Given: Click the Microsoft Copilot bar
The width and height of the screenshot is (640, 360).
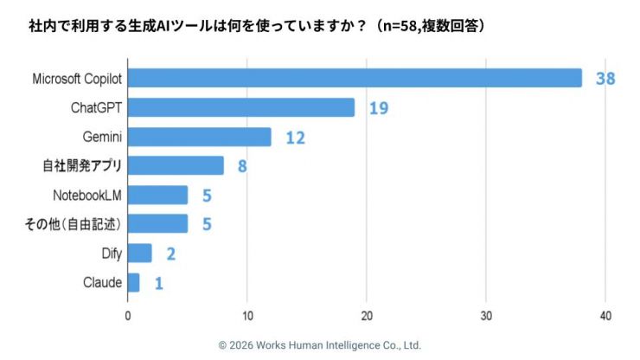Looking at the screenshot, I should point(355,79).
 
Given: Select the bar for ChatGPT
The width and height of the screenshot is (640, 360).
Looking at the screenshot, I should point(241,108).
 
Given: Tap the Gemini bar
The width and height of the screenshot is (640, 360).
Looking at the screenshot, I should point(199,137).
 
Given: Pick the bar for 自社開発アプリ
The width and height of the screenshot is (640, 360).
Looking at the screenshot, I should point(176,166).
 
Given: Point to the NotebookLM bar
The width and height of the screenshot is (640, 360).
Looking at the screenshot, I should point(157,196).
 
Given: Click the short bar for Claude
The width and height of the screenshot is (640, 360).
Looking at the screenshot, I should point(133,283).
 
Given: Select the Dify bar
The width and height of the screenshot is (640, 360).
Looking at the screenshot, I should point(139,254).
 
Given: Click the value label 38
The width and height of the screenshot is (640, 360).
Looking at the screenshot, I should point(605,79).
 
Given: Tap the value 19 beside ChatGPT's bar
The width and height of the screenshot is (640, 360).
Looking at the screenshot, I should point(378,108).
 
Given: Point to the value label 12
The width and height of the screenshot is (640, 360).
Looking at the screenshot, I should point(295,137).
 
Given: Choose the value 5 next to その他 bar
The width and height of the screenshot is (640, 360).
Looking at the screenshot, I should point(207,225).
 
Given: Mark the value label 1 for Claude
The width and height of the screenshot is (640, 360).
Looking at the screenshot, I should point(159,283).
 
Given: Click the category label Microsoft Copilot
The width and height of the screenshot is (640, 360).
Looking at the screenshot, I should point(76,79).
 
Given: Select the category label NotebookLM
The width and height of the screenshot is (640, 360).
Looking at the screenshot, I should point(87,196).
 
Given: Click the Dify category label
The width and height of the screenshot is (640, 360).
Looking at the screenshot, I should point(112,254).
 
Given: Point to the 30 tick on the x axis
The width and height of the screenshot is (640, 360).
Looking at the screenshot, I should point(486,315).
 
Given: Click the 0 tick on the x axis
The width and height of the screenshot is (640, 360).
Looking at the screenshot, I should point(128,315).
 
